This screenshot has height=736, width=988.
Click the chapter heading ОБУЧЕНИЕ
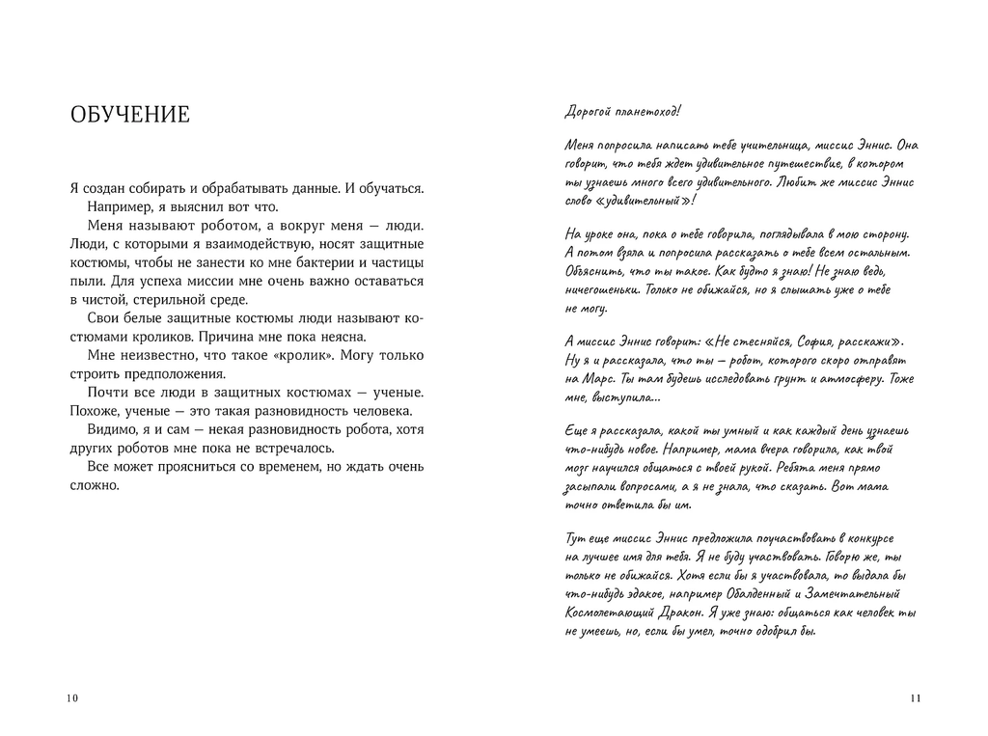coord(130,116)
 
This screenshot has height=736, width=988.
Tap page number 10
coord(72,698)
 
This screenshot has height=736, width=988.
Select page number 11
coord(915,698)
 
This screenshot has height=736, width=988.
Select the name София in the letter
coord(826,341)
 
